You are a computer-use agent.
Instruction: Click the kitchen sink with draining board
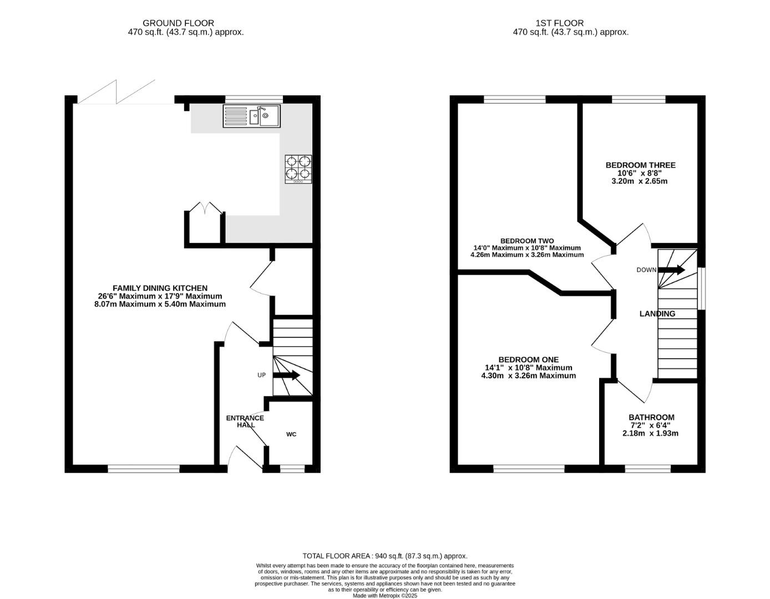pyautogui.click(x=252, y=116)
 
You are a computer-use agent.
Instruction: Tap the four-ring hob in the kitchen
pyautogui.click(x=298, y=169)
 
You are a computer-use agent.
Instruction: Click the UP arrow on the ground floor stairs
pyautogui.click(x=286, y=375)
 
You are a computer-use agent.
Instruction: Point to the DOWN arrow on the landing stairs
pyautogui.click(x=671, y=270)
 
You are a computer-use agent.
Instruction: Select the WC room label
pyautogui.click(x=291, y=434)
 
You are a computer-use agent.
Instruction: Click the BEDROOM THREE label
pyautogui.click(x=640, y=165)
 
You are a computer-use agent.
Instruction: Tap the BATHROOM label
pyautogui.click(x=651, y=417)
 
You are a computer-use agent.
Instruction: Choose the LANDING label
pyautogui.click(x=657, y=313)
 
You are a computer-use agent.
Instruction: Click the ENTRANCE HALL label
pyautogui.click(x=245, y=421)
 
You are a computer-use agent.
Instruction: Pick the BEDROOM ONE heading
pyautogui.click(x=528, y=359)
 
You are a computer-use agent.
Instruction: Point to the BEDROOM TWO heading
pyautogui.click(x=527, y=241)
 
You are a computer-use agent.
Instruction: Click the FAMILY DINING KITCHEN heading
pyautogui.click(x=160, y=288)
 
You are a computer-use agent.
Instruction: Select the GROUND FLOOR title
pyautogui.click(x=178, y=23)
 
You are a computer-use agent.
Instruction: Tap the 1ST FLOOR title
pyautogui.click(x=560, y=23)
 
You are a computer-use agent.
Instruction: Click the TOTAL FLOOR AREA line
pyautogui.click(x=385, y=556)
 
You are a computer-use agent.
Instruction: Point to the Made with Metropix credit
pyautogui.click(x=385, y=596)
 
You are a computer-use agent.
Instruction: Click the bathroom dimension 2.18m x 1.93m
pyautogui.click(x=650, y=433)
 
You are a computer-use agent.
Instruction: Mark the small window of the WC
pyautogui.click(x=292, y=469)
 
